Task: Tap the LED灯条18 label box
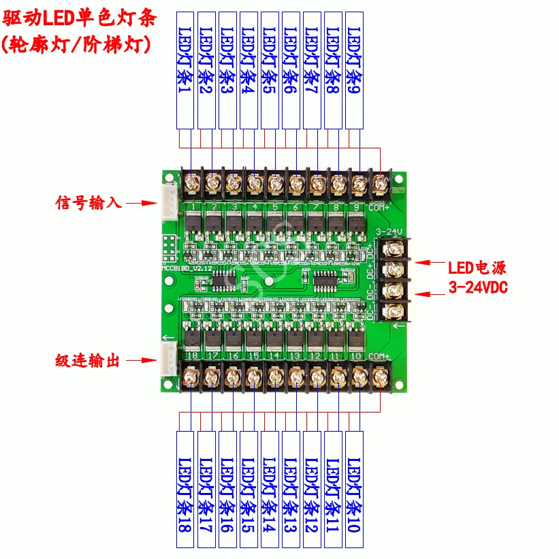point(187,488)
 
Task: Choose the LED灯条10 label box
point(355,488)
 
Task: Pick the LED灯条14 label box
point(270,488)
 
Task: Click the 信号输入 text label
point(88,203)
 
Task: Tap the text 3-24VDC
point(477,287)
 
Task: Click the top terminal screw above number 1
point(191,183)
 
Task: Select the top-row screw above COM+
point(381,183)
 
